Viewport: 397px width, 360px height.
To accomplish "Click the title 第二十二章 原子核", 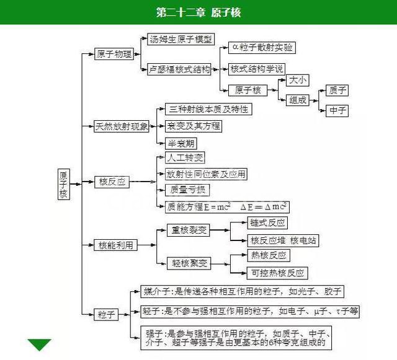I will pyautogui.click(x=198, y=12).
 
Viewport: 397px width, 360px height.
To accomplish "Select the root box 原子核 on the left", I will pyautogui.click(x=63, y=184).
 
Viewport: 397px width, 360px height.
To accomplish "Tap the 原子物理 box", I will pyautogui.click(x=114, y=55).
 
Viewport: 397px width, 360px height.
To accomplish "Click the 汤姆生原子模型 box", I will pyautogui.click(x=180, y=40).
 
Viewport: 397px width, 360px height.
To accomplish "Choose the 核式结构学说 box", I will pyautogui.click(x=257, y=68).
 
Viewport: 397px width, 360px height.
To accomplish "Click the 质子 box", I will pyautogui.click(x=338, y=90).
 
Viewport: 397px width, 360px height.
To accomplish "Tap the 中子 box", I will pyautogui.click(x=338, y=111).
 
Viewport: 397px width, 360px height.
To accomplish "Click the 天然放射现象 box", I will pyautogui.click(x=122, y=126).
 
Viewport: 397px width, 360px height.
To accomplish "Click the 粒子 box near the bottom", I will pyautogui.click(x=107, y=315).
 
